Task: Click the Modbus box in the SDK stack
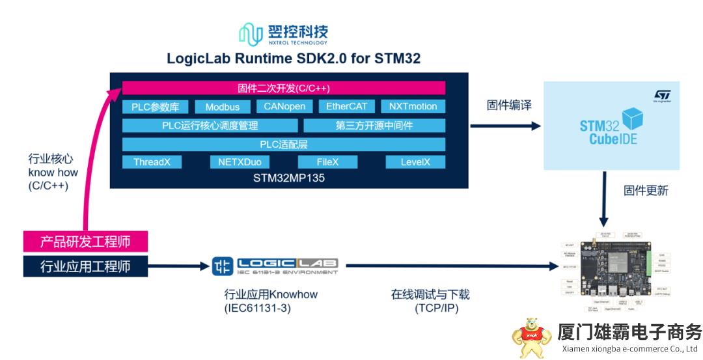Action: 222,107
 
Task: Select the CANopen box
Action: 284,106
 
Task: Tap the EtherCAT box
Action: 346,106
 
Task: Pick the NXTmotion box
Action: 413,106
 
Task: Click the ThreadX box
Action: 152,162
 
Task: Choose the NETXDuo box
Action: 240,162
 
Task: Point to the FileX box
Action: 327,162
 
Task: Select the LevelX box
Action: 414,162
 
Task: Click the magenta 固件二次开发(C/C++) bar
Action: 284,88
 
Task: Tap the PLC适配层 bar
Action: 284,144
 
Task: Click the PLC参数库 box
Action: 159,107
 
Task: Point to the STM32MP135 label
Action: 289,177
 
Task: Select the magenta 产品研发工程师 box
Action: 85,242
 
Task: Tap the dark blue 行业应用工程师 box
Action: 85,266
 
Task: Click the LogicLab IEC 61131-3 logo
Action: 275,266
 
